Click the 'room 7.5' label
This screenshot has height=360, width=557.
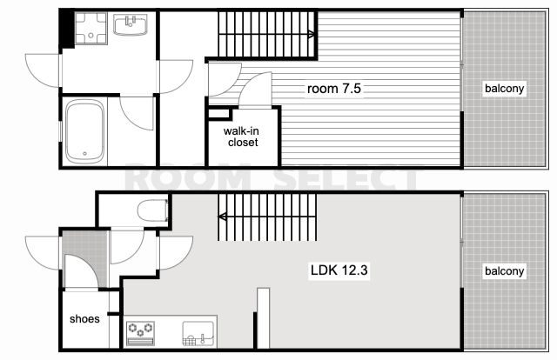(x=334, y=89)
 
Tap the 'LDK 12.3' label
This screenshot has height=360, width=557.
(x=339, y=270)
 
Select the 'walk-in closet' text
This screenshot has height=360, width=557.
(x=242, y=137)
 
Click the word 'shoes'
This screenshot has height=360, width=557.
(x=84, y=319)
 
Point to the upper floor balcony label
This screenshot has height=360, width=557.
(x=505, y=89)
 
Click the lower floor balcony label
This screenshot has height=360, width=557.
(x=505, y=271)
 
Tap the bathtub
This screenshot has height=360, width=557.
(x=85, y=131)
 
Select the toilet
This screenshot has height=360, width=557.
(x=153, y=210)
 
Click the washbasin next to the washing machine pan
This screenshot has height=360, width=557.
(x=131, y=24)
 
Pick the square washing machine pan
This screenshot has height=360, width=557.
(x=91, y=29)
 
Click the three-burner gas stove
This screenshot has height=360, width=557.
(x=141, y=333)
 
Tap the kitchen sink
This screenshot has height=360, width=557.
(x=198, y=333)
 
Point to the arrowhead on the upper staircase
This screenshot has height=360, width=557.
(x=312, y=35)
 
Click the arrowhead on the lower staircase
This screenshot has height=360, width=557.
(x=222, y=217)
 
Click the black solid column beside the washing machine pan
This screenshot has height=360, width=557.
(x=67, y=29)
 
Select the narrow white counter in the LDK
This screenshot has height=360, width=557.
(x=263, y=318)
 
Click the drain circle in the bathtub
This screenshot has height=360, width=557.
(x=84, y=154)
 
